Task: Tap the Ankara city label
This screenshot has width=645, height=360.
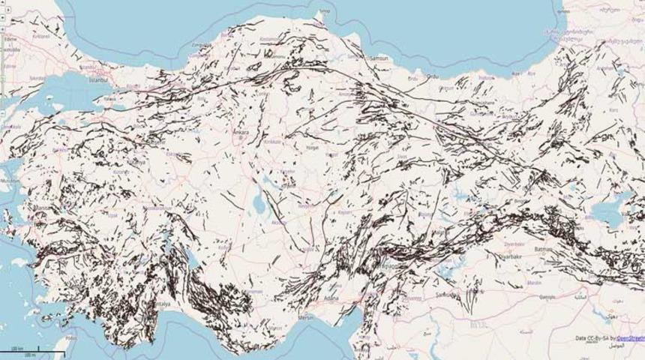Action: point(241,133)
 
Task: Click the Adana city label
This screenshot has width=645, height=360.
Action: point(331,298)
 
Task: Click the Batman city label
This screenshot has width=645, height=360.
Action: point(542,248)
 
